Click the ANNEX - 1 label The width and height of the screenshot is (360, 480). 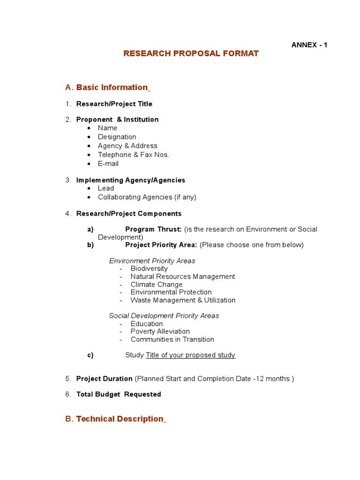click(x=309, y=45)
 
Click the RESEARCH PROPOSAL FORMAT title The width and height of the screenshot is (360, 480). click(x=191, y=53)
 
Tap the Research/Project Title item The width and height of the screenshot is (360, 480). click(x=114, y=104)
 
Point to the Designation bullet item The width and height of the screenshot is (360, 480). click(x=117, y=137)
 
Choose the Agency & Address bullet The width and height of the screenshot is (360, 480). click(x=127, y=146)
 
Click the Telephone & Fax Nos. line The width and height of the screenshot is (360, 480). click(x=134, y=155)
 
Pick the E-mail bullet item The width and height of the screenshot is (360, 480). click(x=108, y=164)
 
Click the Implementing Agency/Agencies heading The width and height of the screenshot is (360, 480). click(x=130, y=180)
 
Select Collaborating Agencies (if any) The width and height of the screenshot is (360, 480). click(x=147, y=197)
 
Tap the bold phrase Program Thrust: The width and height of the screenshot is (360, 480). click(x=153, y=229)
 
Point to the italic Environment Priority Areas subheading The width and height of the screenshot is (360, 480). click(x=152, y=261)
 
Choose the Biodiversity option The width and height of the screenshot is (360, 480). click(x=149, y=269)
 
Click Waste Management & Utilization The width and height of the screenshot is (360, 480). click(x=183, y=300)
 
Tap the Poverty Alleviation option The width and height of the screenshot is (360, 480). click(x=160, y=331)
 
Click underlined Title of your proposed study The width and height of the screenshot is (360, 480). click(x=190, y=355)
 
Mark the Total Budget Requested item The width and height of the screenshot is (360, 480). click(x=119, y=395)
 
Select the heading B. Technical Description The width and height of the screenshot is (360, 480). click(x=119, y=419)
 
